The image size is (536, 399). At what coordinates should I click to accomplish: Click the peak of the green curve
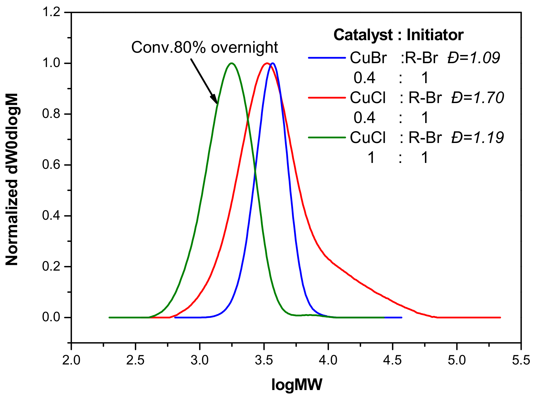click(232, 63)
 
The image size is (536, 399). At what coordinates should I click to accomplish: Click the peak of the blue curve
click(273, 63)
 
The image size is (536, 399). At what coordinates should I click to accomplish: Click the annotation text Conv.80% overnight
click(205, 47)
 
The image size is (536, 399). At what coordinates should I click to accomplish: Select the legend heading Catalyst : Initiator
click(398, 35)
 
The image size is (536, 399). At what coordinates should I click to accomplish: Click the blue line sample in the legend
click(327, 58)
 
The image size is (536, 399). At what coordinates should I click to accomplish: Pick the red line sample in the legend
click(327, 98)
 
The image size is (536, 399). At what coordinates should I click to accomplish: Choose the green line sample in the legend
click(327, 138)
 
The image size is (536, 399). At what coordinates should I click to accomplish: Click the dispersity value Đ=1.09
click(474, 58)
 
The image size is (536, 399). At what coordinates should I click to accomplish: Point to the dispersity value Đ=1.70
click(477, 98)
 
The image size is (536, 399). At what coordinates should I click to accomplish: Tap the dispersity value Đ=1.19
click(477, 138)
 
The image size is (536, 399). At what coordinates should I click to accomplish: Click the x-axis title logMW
click(297, 384)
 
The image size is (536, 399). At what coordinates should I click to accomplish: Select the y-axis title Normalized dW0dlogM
click(12, 179)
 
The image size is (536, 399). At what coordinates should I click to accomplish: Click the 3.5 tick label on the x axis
click(264, 360)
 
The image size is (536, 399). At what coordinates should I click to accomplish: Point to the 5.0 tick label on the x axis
click(457, 360)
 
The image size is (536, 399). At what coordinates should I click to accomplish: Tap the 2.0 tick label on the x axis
click(71, 360)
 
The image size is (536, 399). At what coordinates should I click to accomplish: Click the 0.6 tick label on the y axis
click(51, 165)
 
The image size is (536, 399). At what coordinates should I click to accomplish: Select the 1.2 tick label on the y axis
click(51, 12)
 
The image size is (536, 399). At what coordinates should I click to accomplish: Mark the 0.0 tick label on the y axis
click(51, 317)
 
